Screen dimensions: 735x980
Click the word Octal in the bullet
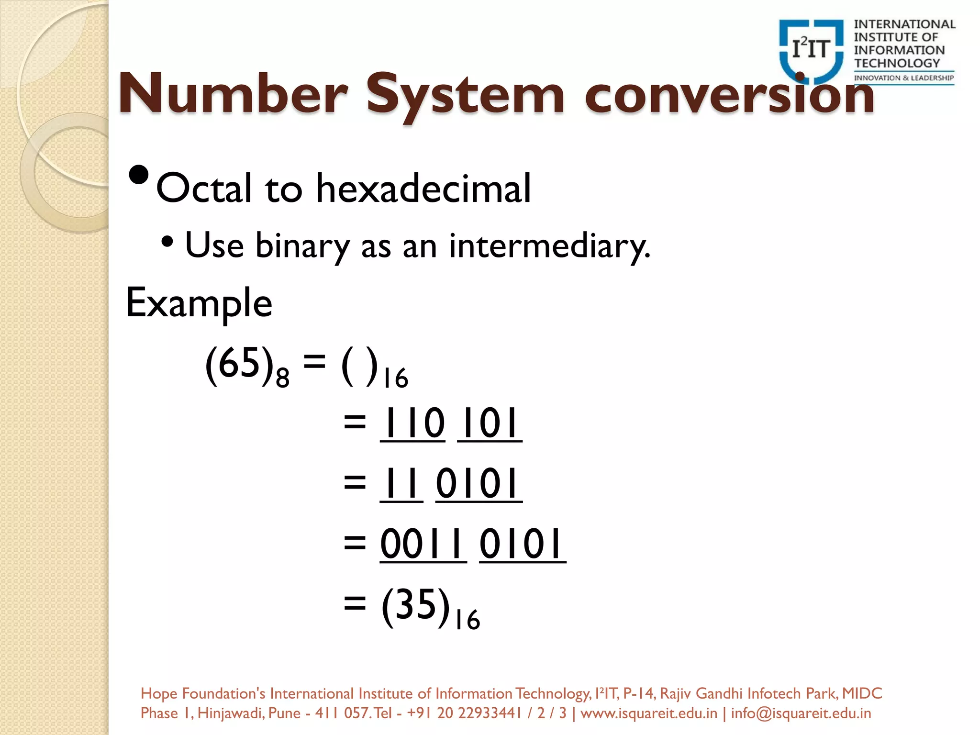point(204,188)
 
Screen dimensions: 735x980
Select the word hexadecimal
point(423,188)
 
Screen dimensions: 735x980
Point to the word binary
point(302,246)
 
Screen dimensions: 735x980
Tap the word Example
point(199,303)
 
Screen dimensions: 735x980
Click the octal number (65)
point(239,364)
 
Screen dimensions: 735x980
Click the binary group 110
point(413,423)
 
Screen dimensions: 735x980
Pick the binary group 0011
point(423,544)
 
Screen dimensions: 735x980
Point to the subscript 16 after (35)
point(467,620)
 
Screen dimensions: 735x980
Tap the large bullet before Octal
point(139,175)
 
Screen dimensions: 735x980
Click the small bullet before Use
point(167,242)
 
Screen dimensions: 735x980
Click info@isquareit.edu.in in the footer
point(801,713)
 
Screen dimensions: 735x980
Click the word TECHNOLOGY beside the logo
point(897,63)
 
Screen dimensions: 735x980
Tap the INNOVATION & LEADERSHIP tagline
point(904,78)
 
